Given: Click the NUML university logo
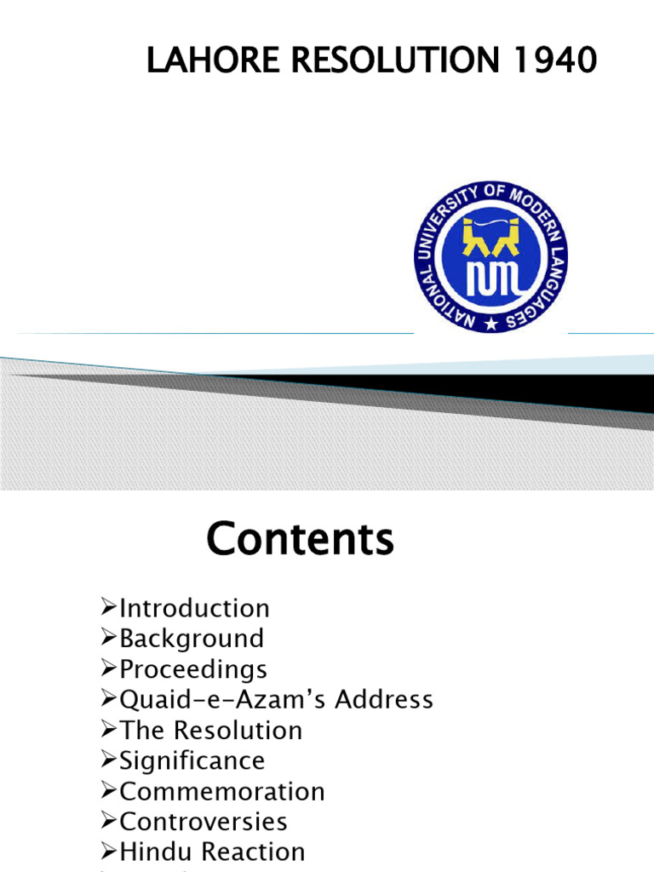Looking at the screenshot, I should [490, 255].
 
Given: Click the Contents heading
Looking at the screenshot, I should [301, 539].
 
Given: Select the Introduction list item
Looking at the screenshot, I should [194, 608].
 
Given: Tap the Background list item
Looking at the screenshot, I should [192, 639].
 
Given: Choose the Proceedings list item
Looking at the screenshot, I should [193, 669].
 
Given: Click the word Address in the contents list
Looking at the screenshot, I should [384, 700].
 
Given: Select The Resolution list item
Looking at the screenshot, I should [210, 731].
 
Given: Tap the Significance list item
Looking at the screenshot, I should [192, 760].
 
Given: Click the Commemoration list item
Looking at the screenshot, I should [222, 791].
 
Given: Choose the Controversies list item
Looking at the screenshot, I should [204, 822].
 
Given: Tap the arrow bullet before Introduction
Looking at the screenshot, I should [108, 608].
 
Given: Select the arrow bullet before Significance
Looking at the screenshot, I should [108, 760].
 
